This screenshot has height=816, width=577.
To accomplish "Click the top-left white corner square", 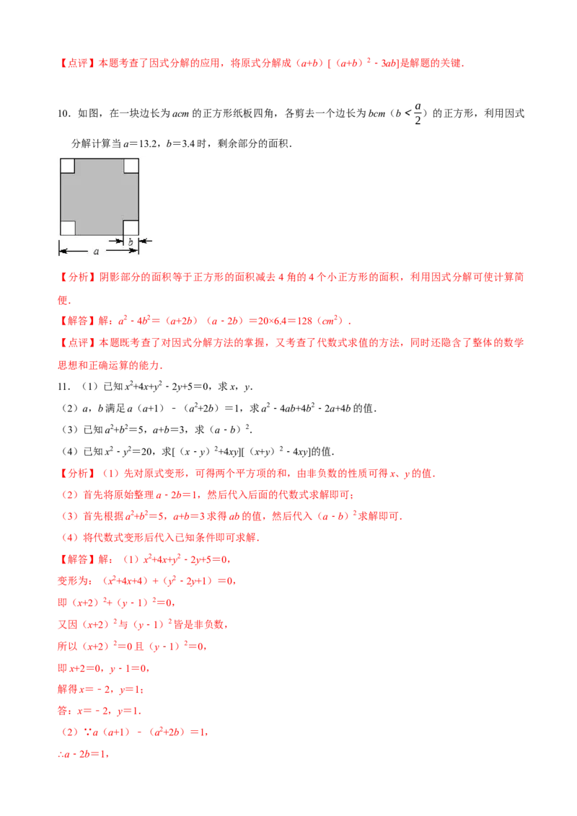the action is pos(67,166).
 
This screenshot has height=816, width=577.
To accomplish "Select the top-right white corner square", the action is pos(131,166).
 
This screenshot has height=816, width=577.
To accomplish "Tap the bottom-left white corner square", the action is pos(67,228).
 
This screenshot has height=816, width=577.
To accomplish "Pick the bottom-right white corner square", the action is pos(131,228).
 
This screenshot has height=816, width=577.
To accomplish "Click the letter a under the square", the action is pos(96,252).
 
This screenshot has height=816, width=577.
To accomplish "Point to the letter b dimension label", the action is pos(131,242).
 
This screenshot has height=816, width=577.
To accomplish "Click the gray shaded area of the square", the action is pos(100,197).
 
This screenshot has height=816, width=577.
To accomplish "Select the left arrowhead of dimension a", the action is pos(62,251).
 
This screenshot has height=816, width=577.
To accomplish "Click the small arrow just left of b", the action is pos(119,241).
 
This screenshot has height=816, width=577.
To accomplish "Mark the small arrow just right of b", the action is pos(142,241).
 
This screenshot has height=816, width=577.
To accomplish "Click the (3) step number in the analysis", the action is pos(69,517).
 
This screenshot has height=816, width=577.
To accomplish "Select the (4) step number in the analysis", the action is pos(69,537).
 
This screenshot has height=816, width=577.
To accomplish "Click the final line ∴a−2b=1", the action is pos(83,755).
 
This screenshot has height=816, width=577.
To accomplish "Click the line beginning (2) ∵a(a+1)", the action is pos(133,732).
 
